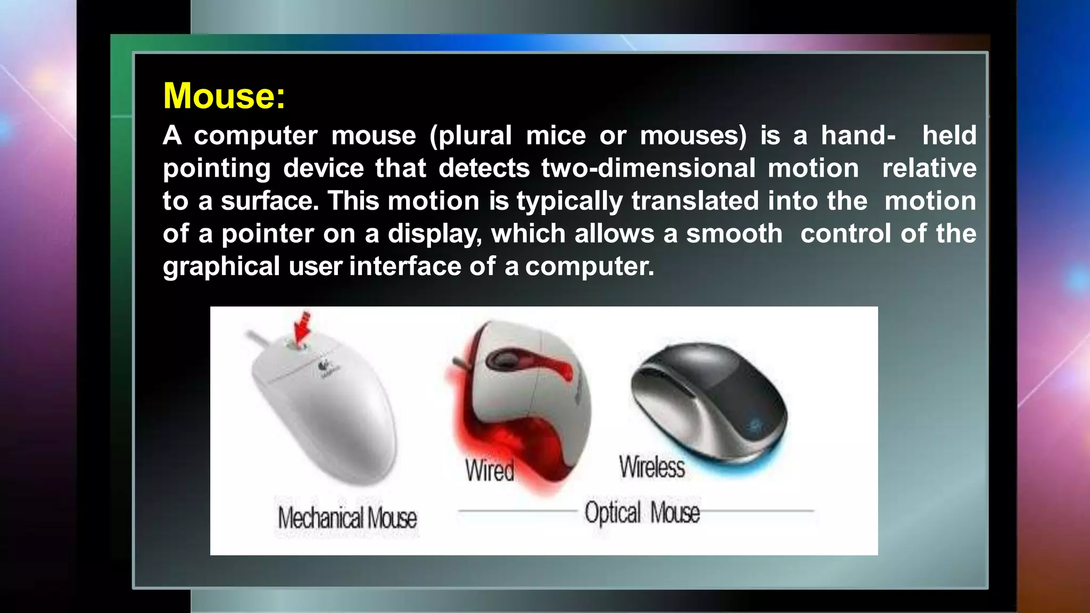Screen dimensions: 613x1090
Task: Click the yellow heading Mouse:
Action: tap(224, 96)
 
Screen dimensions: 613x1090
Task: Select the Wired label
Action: tap(490, 470)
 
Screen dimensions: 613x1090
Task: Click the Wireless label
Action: tap(652, 467)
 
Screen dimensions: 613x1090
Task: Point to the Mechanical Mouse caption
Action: tap(347, 518)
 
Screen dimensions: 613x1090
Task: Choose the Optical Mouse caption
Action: tap(642, 512)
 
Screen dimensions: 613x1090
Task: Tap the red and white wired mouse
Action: tap(522, 404)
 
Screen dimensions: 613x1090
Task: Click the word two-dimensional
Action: tap(648, 169)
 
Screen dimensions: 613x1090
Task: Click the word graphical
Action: tap(221, 267)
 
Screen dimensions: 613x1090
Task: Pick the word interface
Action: tap(404, 266)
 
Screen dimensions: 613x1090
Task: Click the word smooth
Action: tap(734, 234)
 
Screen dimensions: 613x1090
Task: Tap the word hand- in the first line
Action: tap(857, 136)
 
